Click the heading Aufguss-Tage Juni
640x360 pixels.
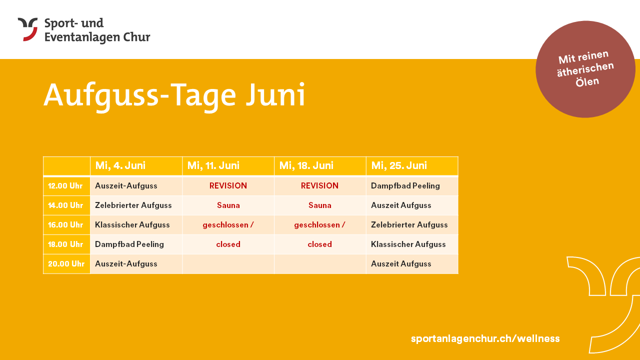point(174,95)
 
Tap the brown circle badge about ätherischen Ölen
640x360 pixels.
point(585,69)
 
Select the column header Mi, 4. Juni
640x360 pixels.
point(120,165)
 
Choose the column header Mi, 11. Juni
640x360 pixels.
point(213,165)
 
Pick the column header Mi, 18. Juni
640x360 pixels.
point(306,165)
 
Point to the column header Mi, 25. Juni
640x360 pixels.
point(399,165)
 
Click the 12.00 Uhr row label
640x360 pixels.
point(65,186)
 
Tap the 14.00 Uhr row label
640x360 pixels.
point(65,205)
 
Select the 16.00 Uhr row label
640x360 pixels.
point(65,225)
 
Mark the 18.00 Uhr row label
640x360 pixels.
point(65,244)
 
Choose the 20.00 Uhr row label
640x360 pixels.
point(66,263)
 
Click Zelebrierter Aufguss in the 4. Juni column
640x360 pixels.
point(133,205)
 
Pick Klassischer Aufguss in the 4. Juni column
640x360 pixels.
point(132,225)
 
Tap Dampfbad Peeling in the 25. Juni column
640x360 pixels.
point(405,186)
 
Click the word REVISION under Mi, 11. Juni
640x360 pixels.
point(228,185)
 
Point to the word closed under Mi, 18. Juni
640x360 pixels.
point(319,244)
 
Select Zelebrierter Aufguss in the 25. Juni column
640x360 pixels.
point(409,225)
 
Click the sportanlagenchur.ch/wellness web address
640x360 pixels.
point(485,338)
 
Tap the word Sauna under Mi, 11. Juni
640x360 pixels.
point(228,205)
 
